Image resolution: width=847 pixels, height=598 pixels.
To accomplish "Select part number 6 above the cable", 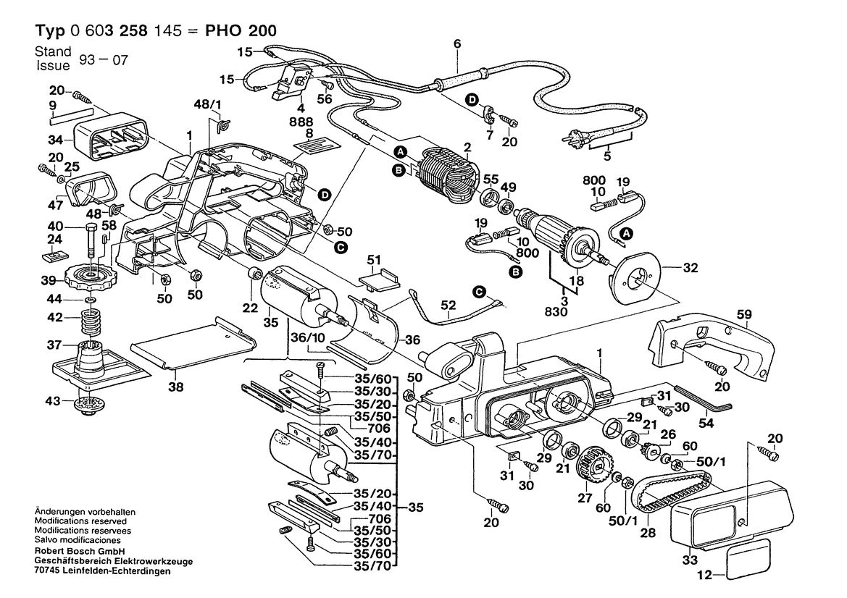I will coord(456,45).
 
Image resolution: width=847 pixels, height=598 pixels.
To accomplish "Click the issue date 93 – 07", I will coord(104,59).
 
